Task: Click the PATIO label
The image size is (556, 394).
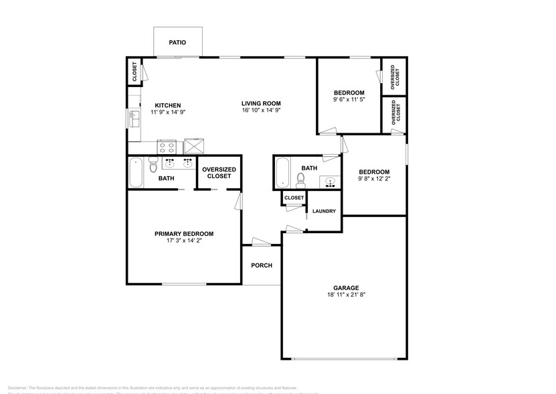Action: [177, 42]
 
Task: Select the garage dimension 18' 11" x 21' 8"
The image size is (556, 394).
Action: [346, 294]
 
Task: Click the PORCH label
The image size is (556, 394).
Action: [262, 265]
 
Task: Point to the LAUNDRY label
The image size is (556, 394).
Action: [324, 211]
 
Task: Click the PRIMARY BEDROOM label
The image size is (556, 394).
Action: [184, 233]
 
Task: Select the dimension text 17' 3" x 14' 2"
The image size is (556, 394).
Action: [184, 241]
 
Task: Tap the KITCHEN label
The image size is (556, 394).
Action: [167, 105]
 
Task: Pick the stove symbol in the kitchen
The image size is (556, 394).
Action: [166, 147]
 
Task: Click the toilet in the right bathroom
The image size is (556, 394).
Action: [300, 178]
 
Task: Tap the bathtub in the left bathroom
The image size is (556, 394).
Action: [135, 172]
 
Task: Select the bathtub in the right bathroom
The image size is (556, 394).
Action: [282, 172]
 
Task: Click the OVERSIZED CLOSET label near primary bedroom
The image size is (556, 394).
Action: [219, 173]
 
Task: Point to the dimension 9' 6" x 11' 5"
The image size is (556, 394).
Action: [349, 100]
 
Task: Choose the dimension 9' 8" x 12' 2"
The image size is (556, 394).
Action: [373, 179]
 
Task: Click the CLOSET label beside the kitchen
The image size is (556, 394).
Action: [134, 72]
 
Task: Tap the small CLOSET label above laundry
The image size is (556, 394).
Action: [294, 198]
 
